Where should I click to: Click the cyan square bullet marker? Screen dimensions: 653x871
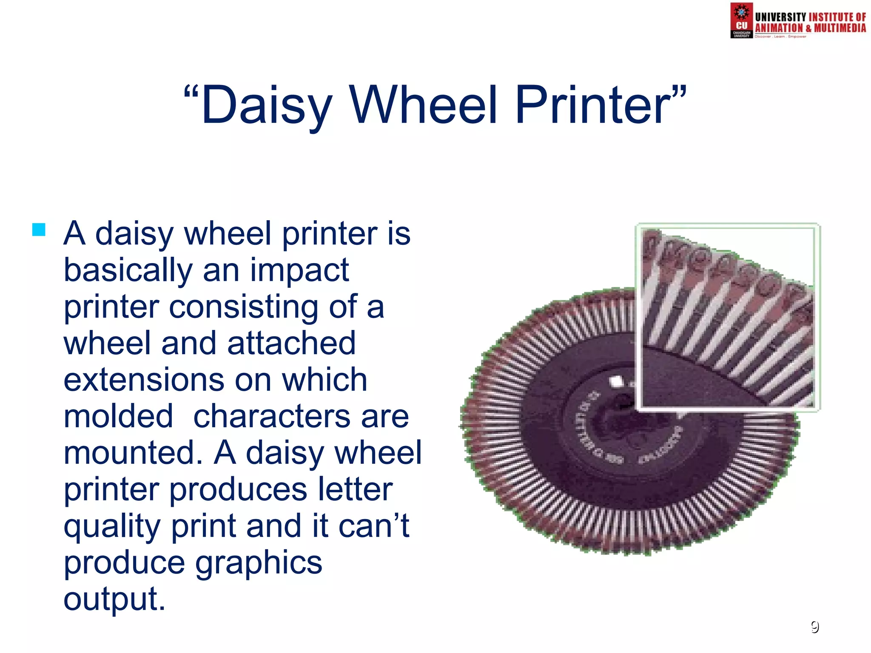pos(39,230)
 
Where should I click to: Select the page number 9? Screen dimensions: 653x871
pos(814,627)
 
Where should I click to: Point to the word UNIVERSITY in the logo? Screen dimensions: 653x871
pos(780,17)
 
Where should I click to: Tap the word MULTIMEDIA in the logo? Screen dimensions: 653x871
pos(840,28)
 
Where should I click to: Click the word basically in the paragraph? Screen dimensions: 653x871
pos(128,271)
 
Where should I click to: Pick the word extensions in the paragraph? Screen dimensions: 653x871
pos(144,380)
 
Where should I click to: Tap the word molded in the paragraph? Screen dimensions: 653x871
pos(118,416)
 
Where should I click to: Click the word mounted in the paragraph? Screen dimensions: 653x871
pos(133,453)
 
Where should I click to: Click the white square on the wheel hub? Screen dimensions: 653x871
pos(616,381)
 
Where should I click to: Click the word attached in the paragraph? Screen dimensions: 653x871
pos(291,343)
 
